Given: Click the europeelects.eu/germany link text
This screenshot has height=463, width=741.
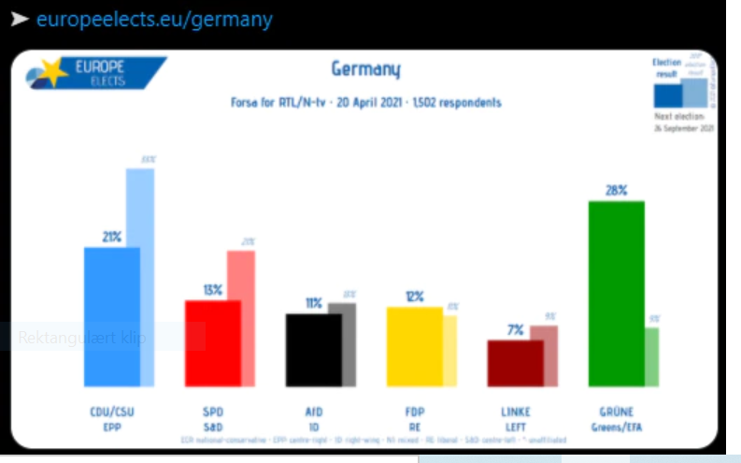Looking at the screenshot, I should [154, 20].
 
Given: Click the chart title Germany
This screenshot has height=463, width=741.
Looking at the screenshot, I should [365, 70].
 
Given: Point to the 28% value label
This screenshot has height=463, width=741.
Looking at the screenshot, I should [616, 190].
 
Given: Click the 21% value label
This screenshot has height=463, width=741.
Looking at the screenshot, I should [112, 237].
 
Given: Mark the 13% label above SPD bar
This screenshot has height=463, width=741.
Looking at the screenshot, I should [213, 290].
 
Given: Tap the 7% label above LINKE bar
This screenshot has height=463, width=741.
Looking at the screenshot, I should [515, 329].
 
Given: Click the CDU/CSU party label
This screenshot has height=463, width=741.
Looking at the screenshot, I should [111, 412].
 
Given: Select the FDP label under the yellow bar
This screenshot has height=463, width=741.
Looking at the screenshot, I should [414, 412].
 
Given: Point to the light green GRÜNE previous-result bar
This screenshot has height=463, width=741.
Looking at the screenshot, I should [651, 356].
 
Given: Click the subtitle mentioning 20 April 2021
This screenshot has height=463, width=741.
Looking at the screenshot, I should [365, 102].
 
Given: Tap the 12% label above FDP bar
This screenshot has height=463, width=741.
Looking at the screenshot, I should [414, 297].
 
